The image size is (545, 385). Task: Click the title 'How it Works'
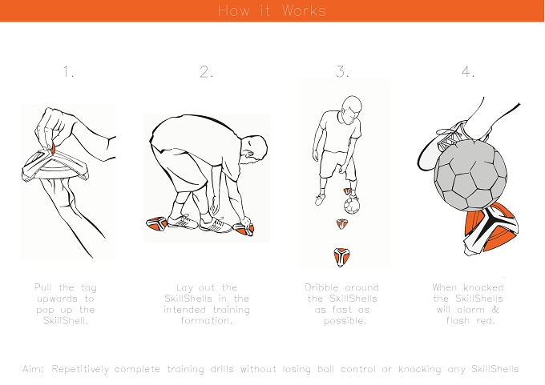272,10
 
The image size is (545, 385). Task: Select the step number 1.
68,71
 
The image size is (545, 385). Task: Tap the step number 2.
206,71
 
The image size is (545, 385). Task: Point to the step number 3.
342,71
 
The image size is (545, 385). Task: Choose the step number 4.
468,71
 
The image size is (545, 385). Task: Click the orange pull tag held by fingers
53,150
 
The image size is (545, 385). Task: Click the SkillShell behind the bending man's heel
156,223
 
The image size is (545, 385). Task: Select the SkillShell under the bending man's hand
244,229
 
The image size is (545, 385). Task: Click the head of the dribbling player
352,108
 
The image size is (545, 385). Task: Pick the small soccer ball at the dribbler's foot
352,206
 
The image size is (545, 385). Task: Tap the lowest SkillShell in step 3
341,257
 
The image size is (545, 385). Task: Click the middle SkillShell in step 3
342,224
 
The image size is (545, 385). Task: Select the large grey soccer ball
470,175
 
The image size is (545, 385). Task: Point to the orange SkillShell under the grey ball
490,228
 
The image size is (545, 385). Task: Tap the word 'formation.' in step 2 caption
207,320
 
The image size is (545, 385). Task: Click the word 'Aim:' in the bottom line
33,369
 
